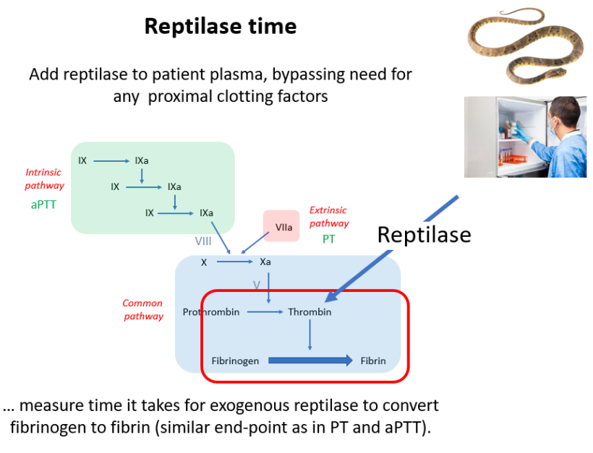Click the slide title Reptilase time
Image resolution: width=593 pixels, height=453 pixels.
pyautogui.click(x=220, y=27)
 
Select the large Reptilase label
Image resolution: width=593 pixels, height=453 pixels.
pyautogui.click(x=424, y=234)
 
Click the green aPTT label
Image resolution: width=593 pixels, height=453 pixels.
pyautogui.click(x=44, y=205)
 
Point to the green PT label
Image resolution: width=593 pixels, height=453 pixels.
pyautogui.click(x=329, y=238)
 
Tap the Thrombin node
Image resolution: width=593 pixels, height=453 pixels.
pyautogui.click(x=310, y=312)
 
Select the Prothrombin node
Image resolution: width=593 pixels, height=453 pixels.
pyautogui.click(x=211, y=312)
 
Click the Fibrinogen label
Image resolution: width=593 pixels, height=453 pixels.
pyautogui.click(x=235, y=361)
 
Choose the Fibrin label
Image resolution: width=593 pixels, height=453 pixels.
pyautogui.click(x=373, y=361)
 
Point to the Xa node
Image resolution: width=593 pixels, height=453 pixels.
pyautogui.click(x=266, y=262)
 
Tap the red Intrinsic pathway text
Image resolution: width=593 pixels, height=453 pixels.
pyautogui.click(x=44, y=178)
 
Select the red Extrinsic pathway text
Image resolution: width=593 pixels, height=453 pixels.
pyautogui.click(x=328, y=216)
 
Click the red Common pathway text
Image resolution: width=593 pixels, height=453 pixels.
pyautogui.click(x=142, y=309)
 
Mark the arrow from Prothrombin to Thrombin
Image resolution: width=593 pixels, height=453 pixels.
pyautogui.click(x=263, y=312)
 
